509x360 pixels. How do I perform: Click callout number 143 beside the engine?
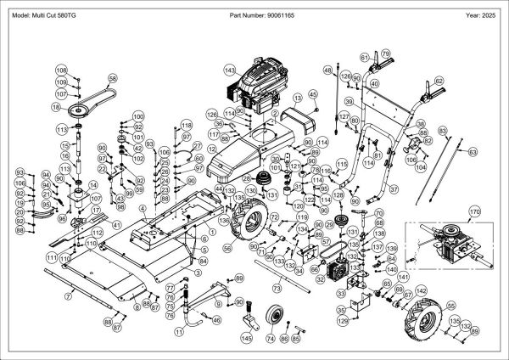[229, 69]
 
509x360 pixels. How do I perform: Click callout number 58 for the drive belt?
[111, 77]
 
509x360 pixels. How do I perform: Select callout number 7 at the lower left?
[66, 296]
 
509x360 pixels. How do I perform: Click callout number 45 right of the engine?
[312, 93]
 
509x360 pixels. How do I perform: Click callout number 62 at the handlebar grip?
[439, 82]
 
